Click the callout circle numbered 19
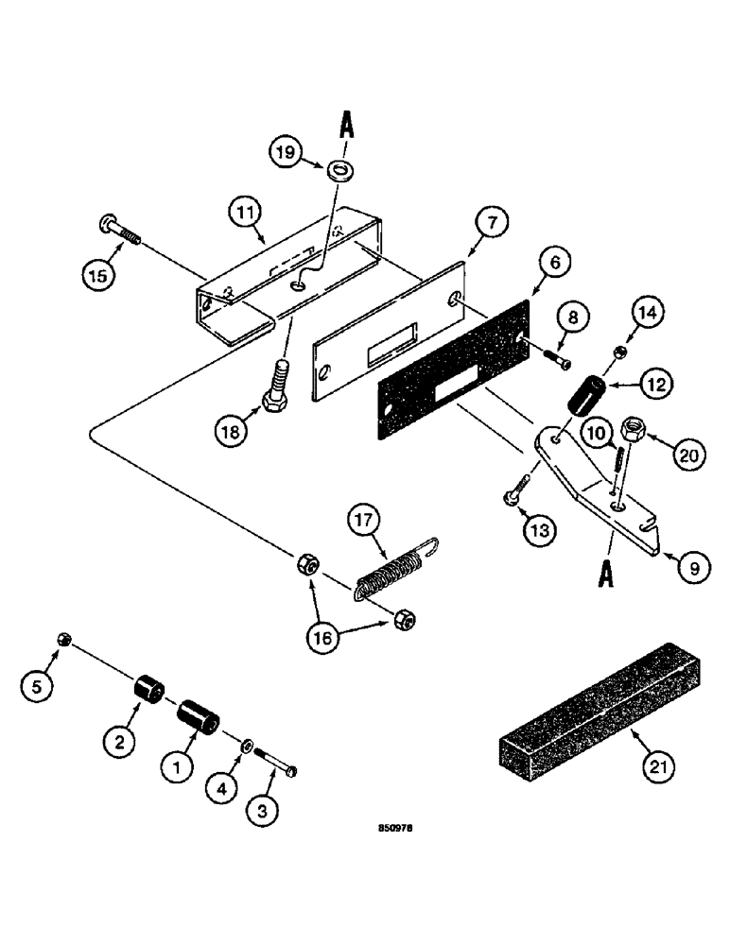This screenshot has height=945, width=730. tap(288, 150)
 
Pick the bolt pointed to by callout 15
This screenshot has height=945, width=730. tap(117, 230)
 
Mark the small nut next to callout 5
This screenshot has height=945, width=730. tap(64, 640)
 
